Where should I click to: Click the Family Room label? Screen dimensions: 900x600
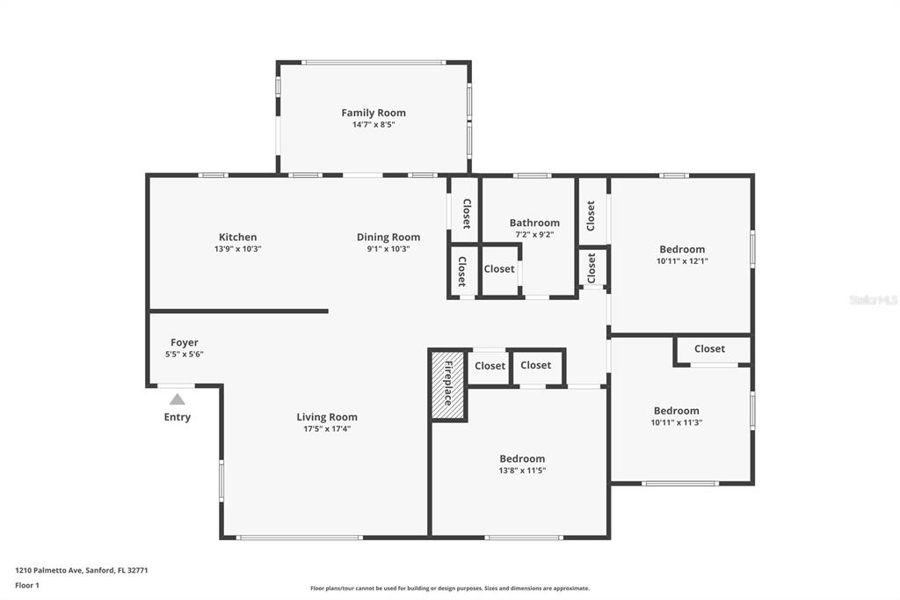point(374,113)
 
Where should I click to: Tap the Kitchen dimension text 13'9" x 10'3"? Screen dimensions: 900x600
point(237,249)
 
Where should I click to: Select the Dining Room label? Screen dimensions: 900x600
point(388,237)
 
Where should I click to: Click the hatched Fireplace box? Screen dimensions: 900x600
point(447,384)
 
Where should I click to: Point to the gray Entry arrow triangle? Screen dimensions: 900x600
point(178,399)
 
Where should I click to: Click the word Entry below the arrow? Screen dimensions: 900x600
point(178,417)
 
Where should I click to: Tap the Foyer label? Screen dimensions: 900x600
point(185,342)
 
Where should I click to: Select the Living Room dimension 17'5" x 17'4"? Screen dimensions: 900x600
point(327,428)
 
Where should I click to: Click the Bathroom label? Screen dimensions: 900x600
point(534,223)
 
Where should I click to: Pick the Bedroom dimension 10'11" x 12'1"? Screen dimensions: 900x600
point(682,261)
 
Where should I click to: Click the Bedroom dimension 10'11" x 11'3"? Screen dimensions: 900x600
point(677,422)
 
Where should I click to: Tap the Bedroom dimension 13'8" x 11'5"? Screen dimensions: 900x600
point(522,470)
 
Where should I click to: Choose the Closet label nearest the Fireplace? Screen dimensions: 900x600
point(490,365)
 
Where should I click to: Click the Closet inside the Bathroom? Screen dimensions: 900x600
point(499,268)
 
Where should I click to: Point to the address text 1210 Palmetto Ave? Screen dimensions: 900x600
point(50,570)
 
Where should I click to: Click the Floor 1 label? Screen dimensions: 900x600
point(27,586)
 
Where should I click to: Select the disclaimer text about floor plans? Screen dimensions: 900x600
point(450,589)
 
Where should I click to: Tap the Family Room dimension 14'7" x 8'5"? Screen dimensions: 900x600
point(374,125)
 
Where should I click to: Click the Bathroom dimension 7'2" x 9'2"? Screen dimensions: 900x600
point(534,235)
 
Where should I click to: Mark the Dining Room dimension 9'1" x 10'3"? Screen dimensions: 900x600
point(388,249)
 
